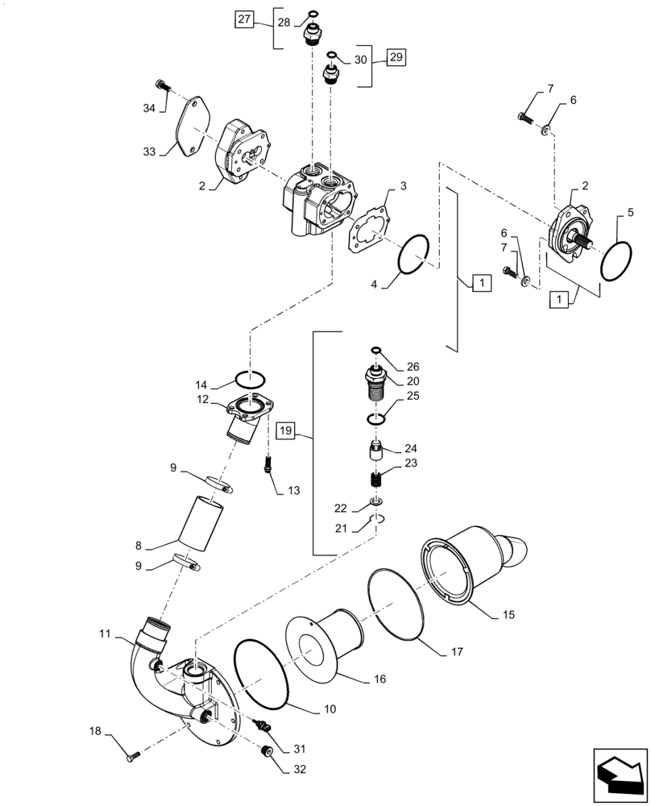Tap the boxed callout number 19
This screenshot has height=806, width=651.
point(288,431)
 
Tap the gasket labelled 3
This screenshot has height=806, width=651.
point(370,231)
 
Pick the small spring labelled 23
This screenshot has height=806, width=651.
point(374,480)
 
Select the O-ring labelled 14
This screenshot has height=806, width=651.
point(251,377)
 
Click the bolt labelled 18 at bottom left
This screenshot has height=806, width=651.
point(134,756)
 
